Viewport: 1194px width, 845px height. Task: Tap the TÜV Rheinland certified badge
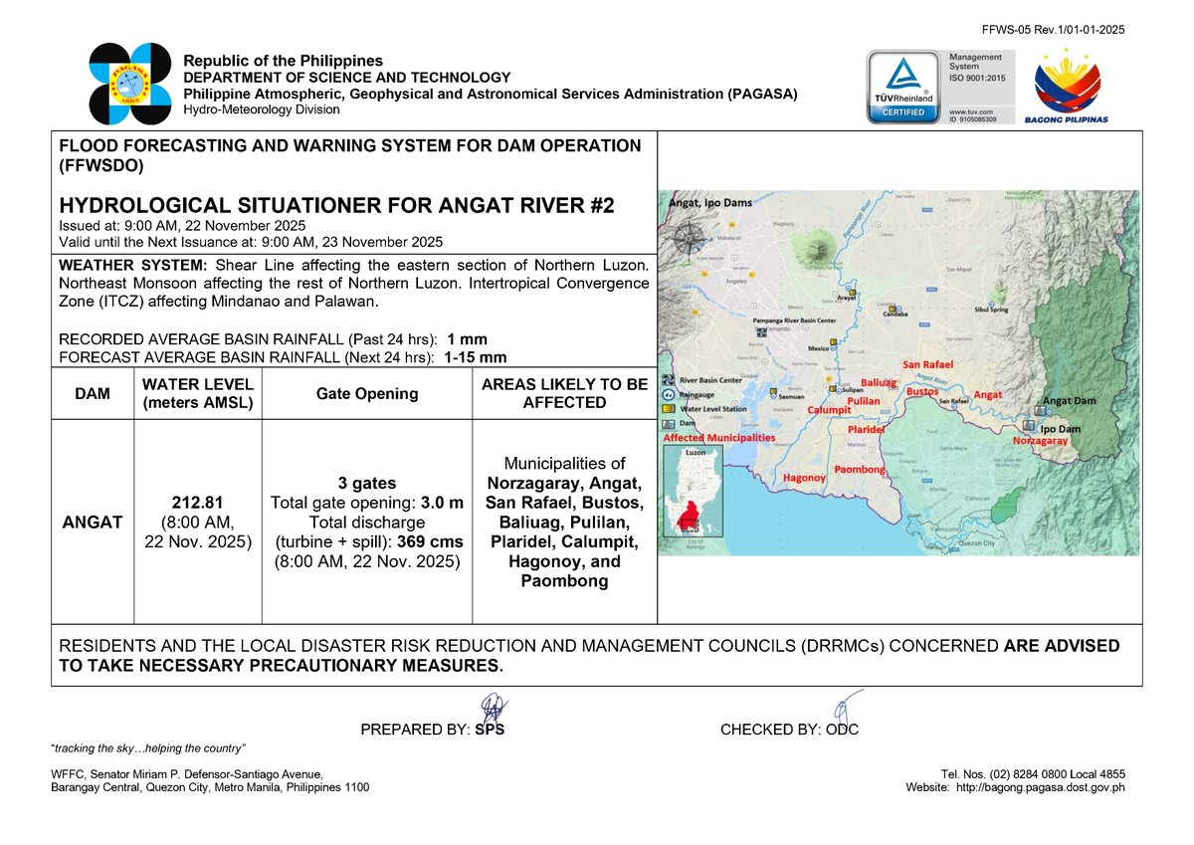point(901,87)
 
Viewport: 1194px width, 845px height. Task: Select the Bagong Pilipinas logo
point(1067,87)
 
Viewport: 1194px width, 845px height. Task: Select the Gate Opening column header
point(366,393)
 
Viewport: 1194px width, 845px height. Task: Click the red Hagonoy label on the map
point(805,478)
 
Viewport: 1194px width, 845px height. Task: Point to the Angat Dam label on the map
point(1070,400)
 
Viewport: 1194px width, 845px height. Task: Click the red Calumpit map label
point(828,410)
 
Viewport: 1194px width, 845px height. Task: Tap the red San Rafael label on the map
point(927,365)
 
